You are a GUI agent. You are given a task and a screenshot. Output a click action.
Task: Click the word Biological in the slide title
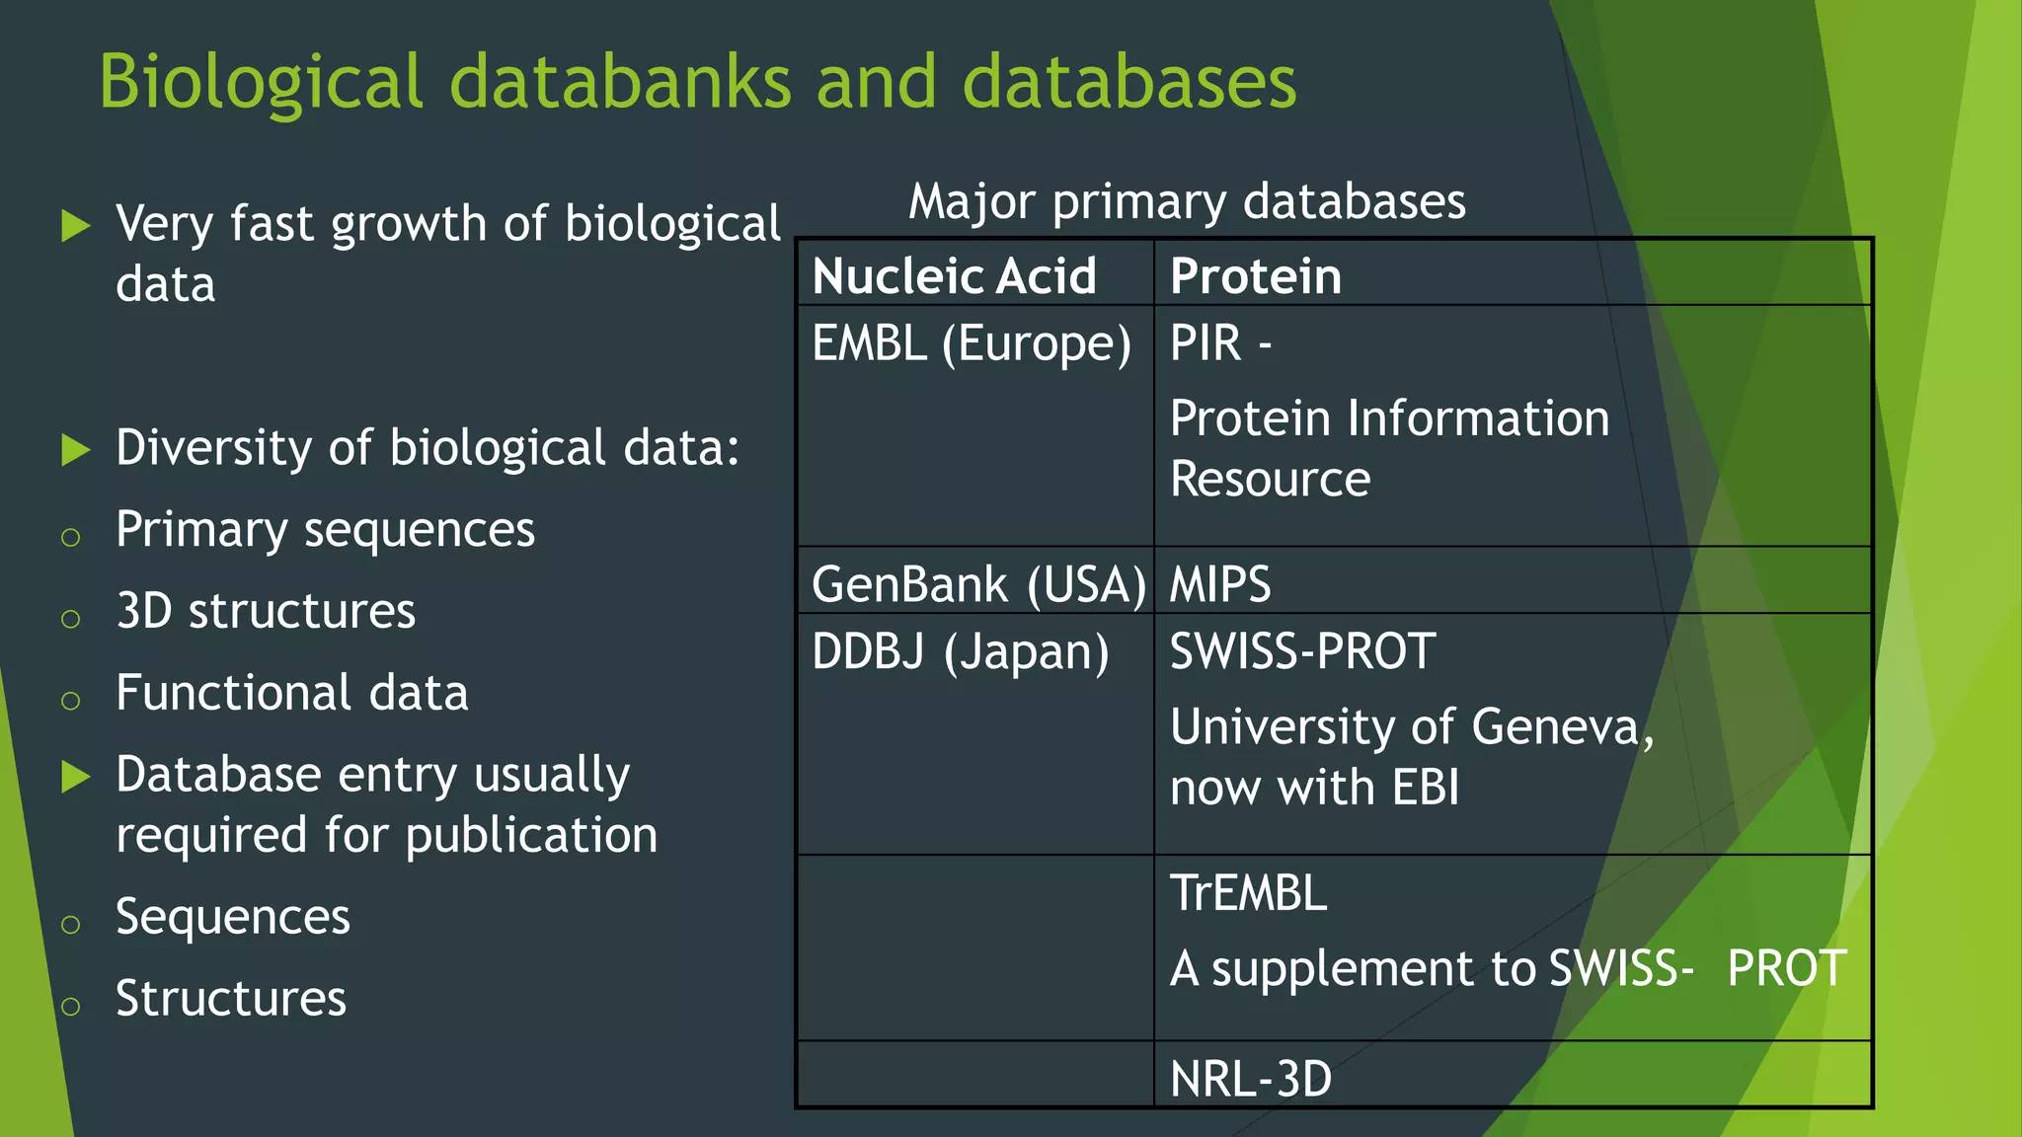[262, 83]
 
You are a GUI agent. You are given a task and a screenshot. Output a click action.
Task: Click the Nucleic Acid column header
[954, 275]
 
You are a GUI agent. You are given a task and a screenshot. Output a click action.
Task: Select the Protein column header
[1256, 275]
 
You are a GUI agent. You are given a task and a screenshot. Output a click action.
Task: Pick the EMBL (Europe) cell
[972, 344]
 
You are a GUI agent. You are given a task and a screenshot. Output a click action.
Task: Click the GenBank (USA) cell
[977, 584]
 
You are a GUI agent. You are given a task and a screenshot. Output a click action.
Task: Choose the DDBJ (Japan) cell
[960, 652]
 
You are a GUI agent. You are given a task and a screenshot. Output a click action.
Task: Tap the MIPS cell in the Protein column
[1220, 584]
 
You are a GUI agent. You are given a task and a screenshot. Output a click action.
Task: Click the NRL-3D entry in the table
[1251, 1078]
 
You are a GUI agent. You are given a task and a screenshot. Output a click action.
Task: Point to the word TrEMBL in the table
[1248, 893]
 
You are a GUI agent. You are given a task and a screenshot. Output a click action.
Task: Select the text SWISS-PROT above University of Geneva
[1302, 651]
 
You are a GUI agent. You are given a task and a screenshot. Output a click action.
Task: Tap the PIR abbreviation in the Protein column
[1205, 343]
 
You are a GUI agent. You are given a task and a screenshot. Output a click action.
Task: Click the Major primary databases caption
[1187, 202]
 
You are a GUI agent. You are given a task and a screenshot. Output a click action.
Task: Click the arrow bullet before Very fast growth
[76, 226]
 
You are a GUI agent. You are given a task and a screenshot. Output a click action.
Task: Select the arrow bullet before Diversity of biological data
[76, 450]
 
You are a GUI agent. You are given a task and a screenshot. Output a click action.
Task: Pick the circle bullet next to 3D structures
[70, 619]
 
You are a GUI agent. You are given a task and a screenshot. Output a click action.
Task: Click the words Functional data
[292, 693]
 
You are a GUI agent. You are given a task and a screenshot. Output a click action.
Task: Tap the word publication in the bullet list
[531, 836]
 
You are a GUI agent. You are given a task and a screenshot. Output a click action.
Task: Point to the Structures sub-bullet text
[231, 999]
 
